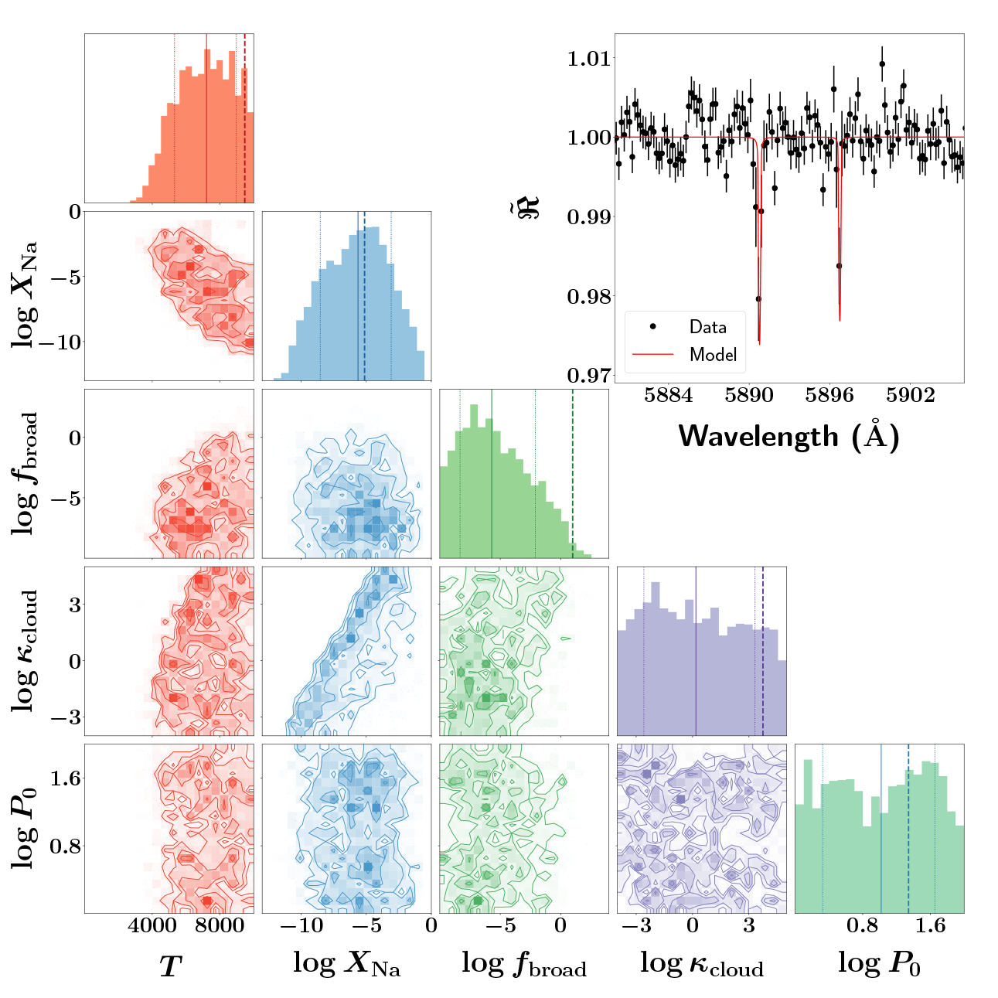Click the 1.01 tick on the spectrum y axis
(588, 58)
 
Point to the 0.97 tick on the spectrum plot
(588, 376)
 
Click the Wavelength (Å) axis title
(789, 437)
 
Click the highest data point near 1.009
(882, 65)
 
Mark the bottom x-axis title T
(169, 966)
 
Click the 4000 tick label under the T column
(152, 926)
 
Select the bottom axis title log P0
(879, 964)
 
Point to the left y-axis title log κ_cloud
(25, 651)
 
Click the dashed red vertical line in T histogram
(245, 116)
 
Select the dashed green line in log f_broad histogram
(573, 472)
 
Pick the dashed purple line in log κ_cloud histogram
(763, 649)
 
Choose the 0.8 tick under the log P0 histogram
(863, 926)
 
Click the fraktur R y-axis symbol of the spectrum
(528, 207)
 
